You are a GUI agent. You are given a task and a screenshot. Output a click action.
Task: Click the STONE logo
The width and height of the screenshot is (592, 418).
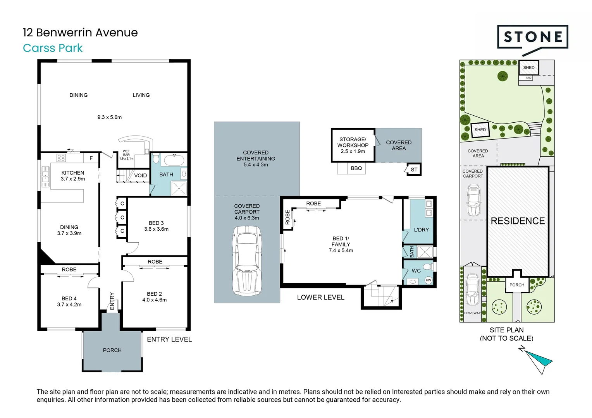(x=532, y=38)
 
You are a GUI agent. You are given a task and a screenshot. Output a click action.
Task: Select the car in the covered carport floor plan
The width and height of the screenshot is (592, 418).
(x=247, y=260)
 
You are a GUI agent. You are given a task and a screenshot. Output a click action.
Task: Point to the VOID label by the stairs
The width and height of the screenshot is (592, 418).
(x=140, y=175)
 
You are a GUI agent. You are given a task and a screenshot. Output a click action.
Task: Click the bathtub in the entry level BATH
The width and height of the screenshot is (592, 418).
(x=173, y=159)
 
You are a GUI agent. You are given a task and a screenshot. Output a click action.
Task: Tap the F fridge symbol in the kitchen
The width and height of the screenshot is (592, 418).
(x=91, y=158)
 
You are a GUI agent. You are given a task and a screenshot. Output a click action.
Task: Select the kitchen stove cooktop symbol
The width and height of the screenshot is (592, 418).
(x=61, y=158)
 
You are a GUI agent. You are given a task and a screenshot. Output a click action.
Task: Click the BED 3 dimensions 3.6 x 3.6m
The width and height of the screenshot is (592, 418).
(x=156, y=229)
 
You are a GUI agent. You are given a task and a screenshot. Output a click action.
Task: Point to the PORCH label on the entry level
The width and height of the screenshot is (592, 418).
(x=112, y=350)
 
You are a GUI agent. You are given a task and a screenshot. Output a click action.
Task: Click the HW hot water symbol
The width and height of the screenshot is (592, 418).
(x=428, y=280)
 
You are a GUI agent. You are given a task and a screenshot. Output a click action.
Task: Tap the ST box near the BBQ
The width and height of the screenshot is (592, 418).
(x=414, y=170)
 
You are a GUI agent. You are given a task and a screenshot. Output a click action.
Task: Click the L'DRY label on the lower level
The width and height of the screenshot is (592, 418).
(x=421, y=230)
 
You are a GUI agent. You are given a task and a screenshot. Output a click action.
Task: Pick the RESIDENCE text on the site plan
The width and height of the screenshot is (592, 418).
(x=518, y=221)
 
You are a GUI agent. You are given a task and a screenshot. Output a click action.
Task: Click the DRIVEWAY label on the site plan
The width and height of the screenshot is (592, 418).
(x=472, y=313)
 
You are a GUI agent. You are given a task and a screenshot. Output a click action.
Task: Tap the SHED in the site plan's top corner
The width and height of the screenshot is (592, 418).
(x=528, y=67)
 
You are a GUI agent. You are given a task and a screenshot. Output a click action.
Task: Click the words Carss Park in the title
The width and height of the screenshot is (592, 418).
(x=53, y=48)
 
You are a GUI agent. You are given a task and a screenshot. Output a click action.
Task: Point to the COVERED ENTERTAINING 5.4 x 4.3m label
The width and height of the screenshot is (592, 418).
(x=256, y=159)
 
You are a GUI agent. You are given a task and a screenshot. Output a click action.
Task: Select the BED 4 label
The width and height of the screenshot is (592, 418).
(x=69, y=298)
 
